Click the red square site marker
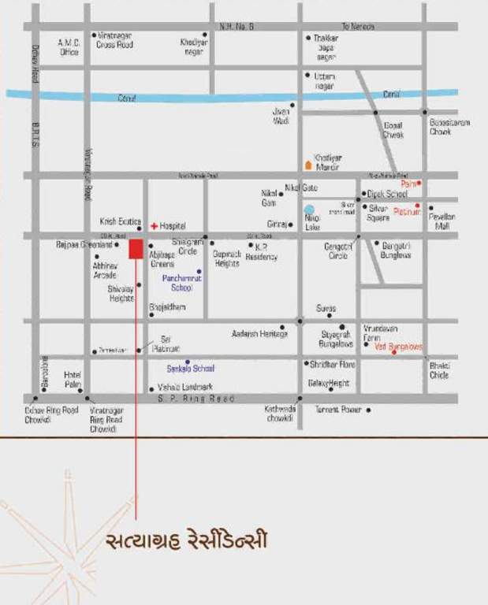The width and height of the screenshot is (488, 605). coord(136,249)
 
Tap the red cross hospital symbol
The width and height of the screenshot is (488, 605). coord(154,226)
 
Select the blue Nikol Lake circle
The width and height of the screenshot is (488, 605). coord(310,211)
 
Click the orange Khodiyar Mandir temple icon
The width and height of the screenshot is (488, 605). coord(308,165)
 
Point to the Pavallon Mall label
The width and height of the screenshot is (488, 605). coord(442,221)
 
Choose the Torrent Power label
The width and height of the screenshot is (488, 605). coord(338,410)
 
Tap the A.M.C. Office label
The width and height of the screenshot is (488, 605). coord(69,47)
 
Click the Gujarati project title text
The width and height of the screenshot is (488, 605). coord(186,541)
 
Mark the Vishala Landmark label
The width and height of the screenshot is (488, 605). coord(185,387)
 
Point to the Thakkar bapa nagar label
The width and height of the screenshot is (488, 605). coord(326,46)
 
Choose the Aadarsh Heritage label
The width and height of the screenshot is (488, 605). coord(260,334)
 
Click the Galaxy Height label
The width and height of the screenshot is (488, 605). coord(329,383)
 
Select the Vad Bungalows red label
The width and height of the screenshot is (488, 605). coord(398,347)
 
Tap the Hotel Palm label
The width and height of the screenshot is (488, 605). coord(73,379)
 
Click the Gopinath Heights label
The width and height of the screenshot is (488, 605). coord(226,258)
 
